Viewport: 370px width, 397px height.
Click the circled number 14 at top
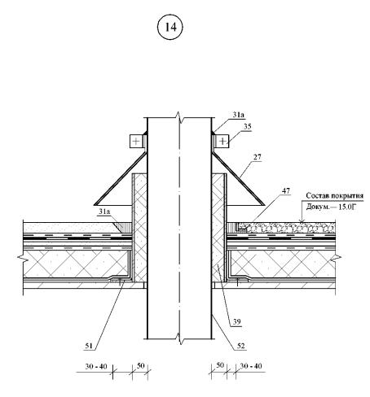tap(170, 27)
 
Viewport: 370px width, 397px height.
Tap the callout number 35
tap(248, 127)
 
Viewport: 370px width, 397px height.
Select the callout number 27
tap(258, 157)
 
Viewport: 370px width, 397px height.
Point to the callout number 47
tap(286, 191)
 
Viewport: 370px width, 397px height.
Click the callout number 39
tap(237, 322)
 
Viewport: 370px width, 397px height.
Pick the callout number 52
tap(240, 346)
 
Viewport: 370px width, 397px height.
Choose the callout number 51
tap(89, 346)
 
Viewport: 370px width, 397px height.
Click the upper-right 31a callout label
tap(238, 115)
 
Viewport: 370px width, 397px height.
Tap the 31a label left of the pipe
tap(104, 212)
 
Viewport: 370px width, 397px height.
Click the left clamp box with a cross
tap(136, 141)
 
